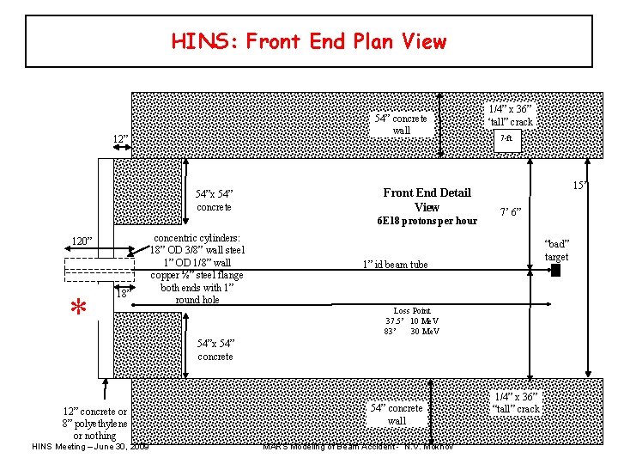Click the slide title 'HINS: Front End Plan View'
point(309,41)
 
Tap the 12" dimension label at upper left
point(121,138)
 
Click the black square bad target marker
point(555,272)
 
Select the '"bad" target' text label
point(557,250)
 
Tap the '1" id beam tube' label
point(394,265)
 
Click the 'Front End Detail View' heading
point(427,199)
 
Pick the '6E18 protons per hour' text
point(427,221)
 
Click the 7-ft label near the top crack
point(506,138)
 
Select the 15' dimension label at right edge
point(579,186)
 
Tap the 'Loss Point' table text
point(412,321)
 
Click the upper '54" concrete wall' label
point(401,125)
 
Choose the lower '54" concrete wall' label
point(397,414)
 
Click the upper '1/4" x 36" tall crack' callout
point(510,115)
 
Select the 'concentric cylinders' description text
point(197,268)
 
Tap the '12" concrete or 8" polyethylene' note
point(94,424)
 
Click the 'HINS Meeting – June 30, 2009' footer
point(90,446)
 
